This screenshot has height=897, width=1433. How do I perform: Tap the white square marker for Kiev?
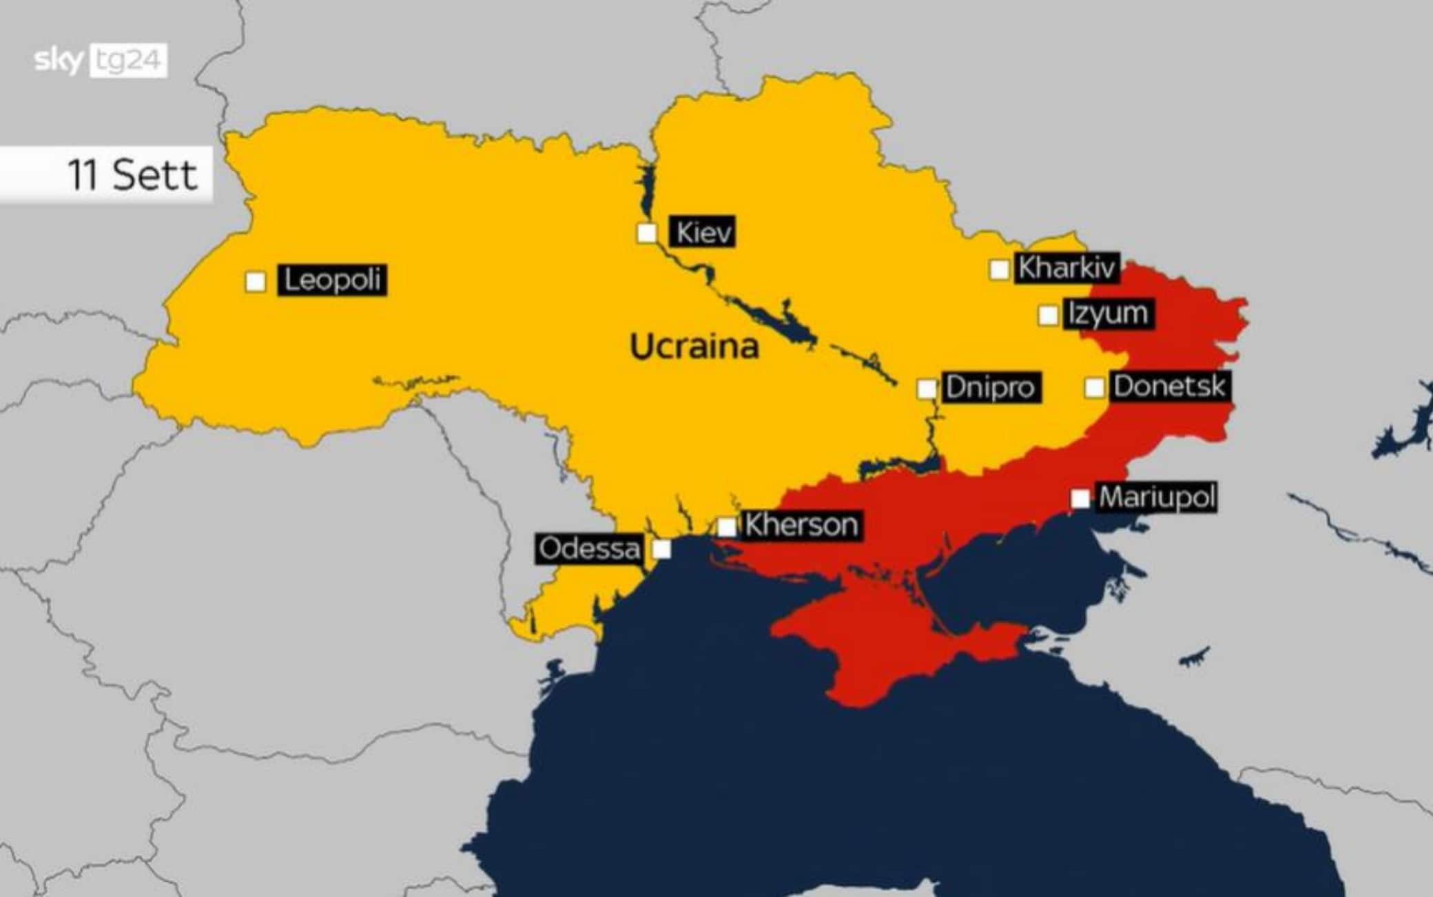pyautogui.click(x=646, y=234)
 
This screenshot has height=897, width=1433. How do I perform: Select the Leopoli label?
pyautogui.click(x=332, y=280)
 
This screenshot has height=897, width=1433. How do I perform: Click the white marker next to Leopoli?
pyautogui.click(x=256, y=282)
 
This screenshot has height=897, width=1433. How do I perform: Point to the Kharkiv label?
pyautogui.click(x=1066, y=267)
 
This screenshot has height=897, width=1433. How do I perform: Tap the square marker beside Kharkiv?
pyautogui.click(x=999, y=269)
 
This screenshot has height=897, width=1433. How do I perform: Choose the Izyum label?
pyautogui.click(x=1108, y=313)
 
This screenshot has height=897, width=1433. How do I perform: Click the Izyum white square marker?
pyautogui.click(x=1048, y=316)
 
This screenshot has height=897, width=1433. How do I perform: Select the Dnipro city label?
pyautogui.click(x=990, y=387)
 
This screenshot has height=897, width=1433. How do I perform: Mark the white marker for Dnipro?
pyautogui.click(x=927, y=389)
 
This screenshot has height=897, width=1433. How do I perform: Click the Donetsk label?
pyautogui.click(x=1169, y=386)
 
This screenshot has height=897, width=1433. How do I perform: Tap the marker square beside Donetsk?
pyautogui.click(x=1094, y=388)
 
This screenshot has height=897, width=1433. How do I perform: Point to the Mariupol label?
pyautogui.click(x=1157, y=497)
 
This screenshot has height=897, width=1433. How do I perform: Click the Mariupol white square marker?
pyautogui.click(x=1080, y=498)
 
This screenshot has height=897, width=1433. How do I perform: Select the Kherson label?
pyautogui.click(x=801, y=525)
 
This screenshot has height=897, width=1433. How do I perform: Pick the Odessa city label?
pyautogui.click(x=589, y=549)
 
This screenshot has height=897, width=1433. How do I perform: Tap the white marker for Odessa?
pyautogui.click(x=661, y=549)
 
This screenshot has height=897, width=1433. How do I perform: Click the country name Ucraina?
pyautogui.click(x=694, y=346)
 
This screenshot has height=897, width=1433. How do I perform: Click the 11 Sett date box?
pyautogui.click(x=107, y=174)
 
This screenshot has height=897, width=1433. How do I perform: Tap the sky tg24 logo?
pyautogui.click(x=101, y=61)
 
